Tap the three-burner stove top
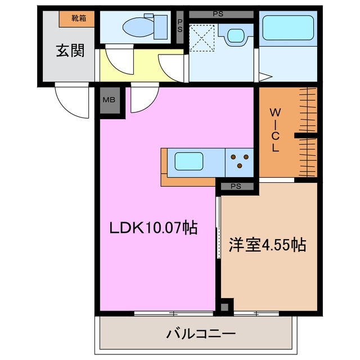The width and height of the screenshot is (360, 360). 240,161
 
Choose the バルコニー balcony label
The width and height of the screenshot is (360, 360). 200,335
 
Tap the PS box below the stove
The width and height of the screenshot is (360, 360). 236,186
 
